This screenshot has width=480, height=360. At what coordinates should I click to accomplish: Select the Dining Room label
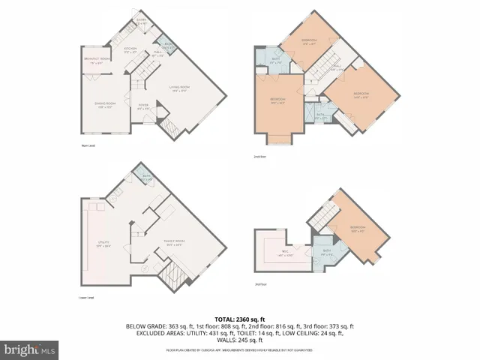click(105, 104)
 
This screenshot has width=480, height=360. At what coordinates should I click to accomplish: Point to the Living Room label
click(178, 88)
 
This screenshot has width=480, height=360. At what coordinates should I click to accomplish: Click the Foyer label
click(143, 106)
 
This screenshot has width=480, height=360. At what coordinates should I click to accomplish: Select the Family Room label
click(175, 242)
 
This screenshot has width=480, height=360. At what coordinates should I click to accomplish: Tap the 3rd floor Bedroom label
click(357, 229)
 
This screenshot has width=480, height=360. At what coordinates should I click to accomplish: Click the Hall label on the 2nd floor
click(337, 68)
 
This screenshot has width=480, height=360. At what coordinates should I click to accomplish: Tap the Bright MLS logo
click(30, 349)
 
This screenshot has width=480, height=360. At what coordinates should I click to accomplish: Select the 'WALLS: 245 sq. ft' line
click(240, 341)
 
